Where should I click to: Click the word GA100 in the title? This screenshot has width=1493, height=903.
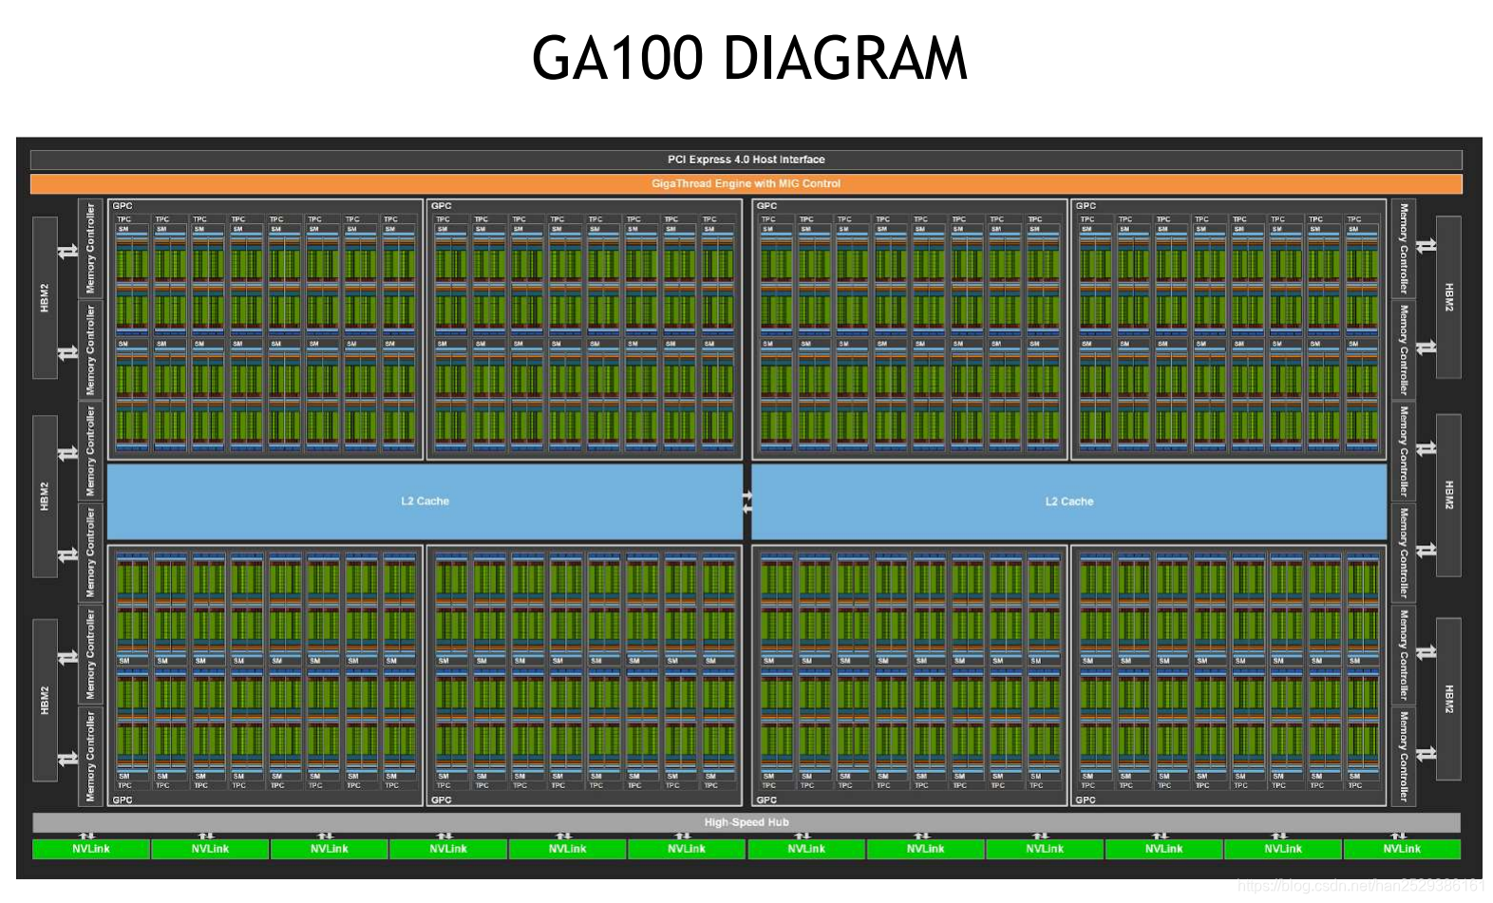617,59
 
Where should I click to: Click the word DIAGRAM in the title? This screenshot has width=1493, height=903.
845,59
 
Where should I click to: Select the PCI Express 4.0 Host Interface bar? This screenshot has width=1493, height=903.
746,160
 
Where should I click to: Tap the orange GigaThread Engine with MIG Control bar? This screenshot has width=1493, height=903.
746,183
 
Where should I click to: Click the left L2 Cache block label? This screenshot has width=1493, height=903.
425,501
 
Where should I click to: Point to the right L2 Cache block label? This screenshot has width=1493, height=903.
1069,501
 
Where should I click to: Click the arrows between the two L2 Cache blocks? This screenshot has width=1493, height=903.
747,502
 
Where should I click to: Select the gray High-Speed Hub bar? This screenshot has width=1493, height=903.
746,822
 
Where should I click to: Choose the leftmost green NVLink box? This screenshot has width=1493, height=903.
91,849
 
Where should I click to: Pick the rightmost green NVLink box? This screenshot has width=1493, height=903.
1402,849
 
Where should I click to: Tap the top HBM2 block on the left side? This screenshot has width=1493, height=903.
45,297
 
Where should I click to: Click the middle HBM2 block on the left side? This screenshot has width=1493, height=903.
45,496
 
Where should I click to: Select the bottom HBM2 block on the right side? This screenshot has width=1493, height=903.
1448,699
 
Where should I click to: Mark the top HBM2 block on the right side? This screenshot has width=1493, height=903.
1448,297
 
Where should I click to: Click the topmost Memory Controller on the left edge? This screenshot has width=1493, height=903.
91,248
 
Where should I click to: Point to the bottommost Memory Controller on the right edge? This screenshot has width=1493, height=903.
1404,757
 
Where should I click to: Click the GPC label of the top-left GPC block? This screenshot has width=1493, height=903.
123,206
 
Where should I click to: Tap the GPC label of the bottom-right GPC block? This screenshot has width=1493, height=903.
1086,800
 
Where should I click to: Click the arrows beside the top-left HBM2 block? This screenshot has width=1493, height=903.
67,252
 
